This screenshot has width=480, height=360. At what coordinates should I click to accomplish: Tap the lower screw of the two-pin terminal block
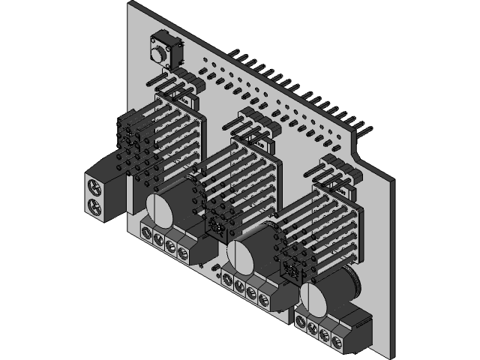94,205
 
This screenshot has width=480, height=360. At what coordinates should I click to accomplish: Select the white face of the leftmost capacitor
158,209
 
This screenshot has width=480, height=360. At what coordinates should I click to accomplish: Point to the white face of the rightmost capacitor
313,300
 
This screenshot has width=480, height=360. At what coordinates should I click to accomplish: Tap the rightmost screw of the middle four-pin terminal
263,299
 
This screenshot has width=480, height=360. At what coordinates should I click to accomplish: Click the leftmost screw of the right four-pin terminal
301,322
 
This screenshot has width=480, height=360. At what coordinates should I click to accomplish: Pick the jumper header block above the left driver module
180,84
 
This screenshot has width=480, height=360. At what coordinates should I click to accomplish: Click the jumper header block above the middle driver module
256,126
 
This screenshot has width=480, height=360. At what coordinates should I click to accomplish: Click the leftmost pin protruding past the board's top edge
234,55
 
